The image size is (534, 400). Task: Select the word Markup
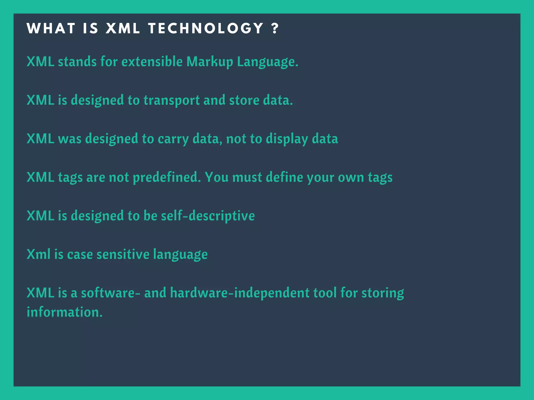coord(210,62)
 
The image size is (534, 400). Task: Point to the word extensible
coord(152,62)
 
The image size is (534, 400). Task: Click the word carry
coord(173,139)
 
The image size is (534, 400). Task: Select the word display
coord(287,139)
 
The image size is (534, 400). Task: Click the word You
coord(217,177)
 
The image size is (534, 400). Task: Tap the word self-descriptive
coord(208,216)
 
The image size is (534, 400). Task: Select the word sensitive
coord(123,254)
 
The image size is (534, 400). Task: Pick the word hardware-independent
coord(240,293)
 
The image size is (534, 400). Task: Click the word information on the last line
coord(64,312)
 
